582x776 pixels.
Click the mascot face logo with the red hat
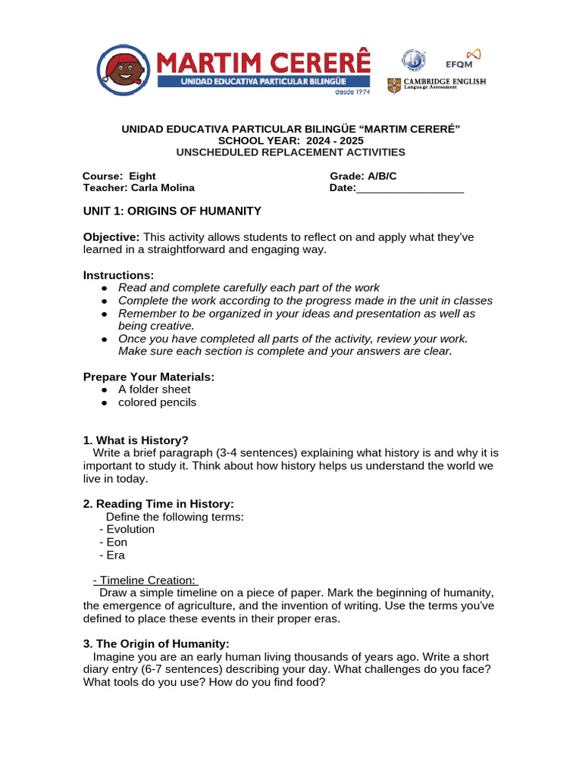127,70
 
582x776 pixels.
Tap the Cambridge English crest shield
394,85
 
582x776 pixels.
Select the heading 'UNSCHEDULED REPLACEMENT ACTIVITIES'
291,152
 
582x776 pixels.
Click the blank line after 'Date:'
409,188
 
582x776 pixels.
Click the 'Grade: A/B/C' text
363,176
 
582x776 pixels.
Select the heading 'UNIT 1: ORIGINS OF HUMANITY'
172,211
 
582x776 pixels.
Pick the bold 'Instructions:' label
118,275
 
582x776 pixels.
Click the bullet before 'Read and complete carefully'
105,288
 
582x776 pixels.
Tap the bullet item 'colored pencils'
157,402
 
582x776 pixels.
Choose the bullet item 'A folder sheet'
154,390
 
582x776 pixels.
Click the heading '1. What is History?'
136,440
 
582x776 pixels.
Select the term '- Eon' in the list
114,542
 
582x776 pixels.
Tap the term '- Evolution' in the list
127,529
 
